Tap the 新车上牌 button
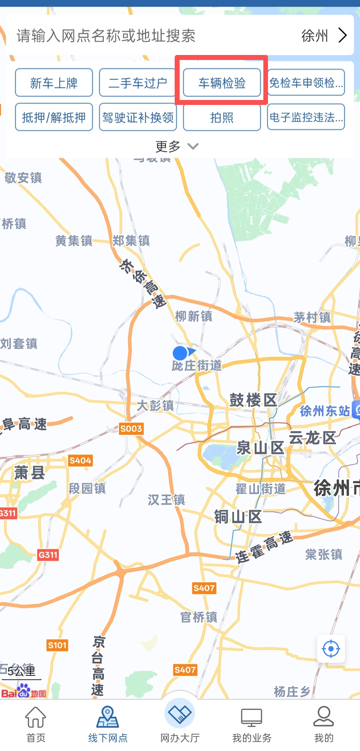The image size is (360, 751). pyautogui.click(x=54, y=83)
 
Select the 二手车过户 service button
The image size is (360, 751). pyautogui.click(x=138, y=83)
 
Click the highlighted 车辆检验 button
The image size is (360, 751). pyautogui.click(x=222, y=83)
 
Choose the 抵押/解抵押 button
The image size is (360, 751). pyautogui.click(x=54, y=117)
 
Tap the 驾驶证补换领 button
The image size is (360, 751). pyautogui.click(x=138, y=117)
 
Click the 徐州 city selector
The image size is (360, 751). pyautogui.click(x=323, y=35)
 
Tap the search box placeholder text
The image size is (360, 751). pyautogui.click(x=106, y=35)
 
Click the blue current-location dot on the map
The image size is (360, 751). pyautogui.click(x=180, y=353)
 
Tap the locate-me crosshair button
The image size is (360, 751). pyautogui.click(x=331, y=649)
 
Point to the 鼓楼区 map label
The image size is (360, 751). pyautogui.click(x=253, y=400)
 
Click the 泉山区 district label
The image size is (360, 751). pyautogui.click(x=260, y=447)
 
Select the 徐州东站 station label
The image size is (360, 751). pyautogui.click(x=325, y=411)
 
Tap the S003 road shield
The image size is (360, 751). pyautogui.click(x=131, y=428)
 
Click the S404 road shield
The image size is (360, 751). pyautogui.click(x=80, y=461)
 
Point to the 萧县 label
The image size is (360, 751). pyautogui.click(x=29, y=472)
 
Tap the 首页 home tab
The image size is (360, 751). pyautogui.click(x=36, y=724)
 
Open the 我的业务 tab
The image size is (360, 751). pyautogui.click(x=252, y=724)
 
